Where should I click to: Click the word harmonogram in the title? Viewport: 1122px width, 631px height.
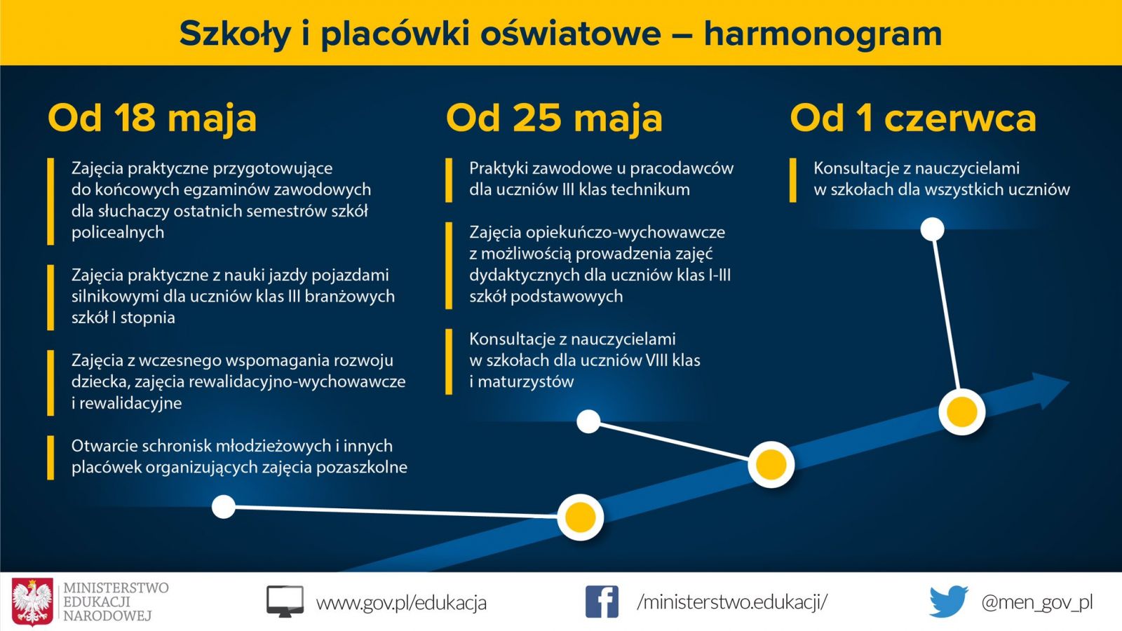823,35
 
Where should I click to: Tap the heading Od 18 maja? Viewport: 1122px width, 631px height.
152,119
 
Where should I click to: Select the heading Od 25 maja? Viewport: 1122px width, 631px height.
554,119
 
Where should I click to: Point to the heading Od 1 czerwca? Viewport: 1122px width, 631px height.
912,118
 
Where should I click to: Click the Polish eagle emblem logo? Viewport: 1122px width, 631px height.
32,602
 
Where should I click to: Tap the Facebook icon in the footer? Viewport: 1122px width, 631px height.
602,602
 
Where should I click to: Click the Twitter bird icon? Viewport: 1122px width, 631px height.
949,601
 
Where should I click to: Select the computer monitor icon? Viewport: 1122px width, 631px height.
285,602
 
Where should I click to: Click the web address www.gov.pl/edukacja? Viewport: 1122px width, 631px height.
401,602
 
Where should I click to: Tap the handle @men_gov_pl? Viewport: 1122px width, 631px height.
1037,602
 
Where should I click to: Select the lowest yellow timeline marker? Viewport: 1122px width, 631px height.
580,517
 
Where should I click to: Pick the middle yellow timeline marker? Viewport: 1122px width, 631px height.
771,465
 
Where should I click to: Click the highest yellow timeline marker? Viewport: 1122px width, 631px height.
961,412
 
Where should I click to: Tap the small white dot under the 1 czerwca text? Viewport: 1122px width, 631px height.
932,230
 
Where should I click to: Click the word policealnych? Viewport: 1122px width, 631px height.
118,233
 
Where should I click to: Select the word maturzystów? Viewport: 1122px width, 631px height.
526,382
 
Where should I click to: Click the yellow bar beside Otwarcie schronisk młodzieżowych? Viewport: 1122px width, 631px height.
50,458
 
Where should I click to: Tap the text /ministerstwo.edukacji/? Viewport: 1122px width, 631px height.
732,602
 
